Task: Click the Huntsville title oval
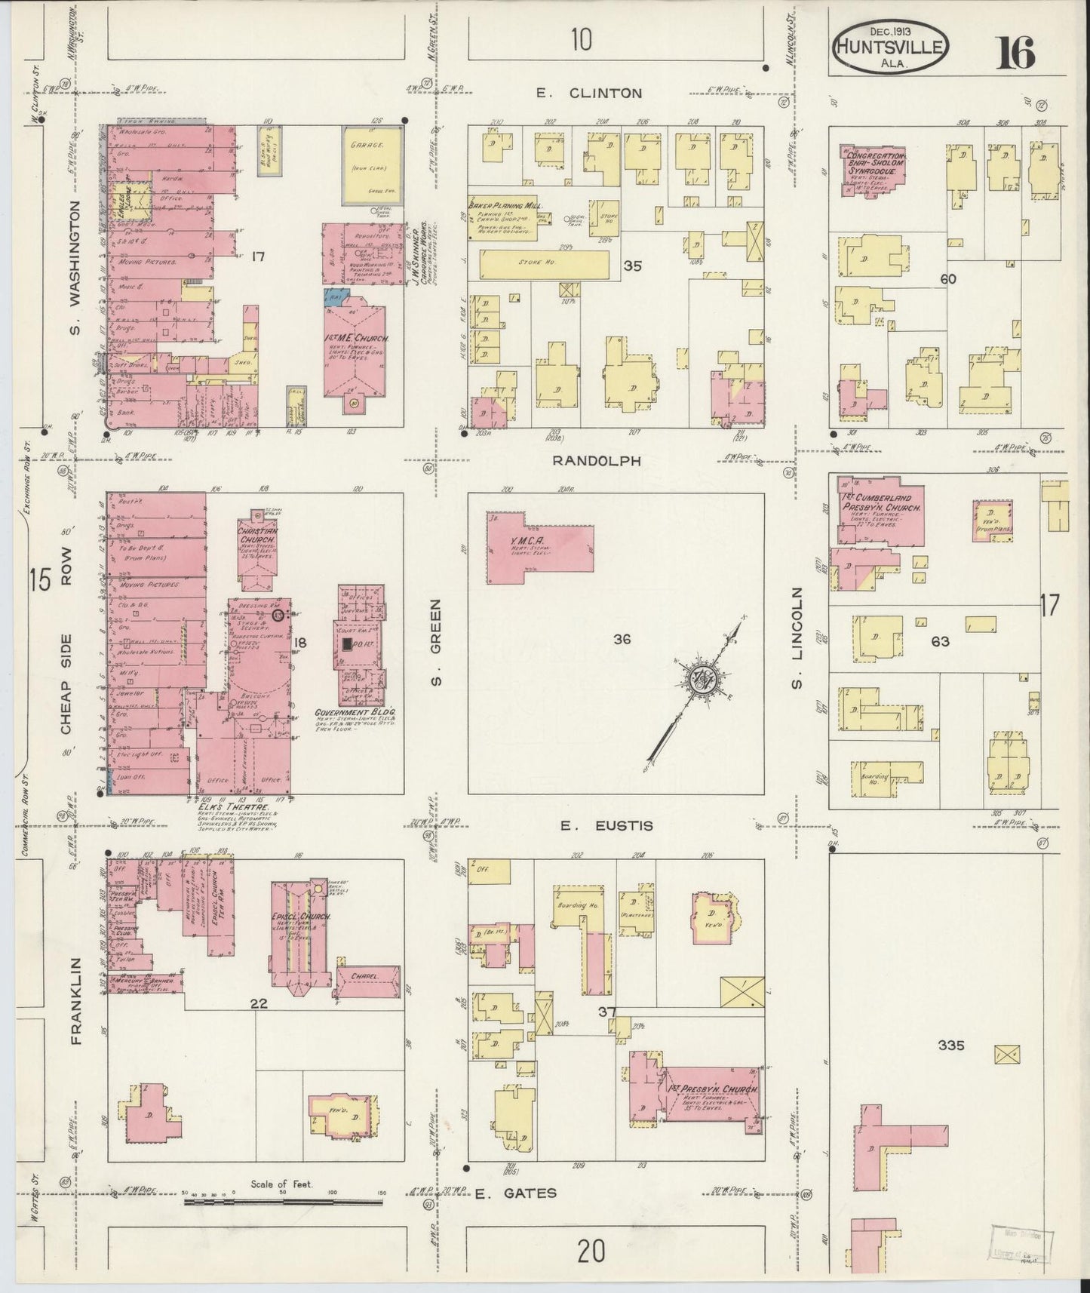click(x=890, y=47)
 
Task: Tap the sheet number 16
click(x=1017, y=51)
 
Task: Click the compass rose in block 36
click(x=705, y=677)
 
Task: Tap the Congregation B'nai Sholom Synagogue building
click(x=873, y=170)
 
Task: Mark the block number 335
click(x=952, y=1046)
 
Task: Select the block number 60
click(x=947, y=278)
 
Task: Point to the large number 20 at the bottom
click(x=592, y=1252)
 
